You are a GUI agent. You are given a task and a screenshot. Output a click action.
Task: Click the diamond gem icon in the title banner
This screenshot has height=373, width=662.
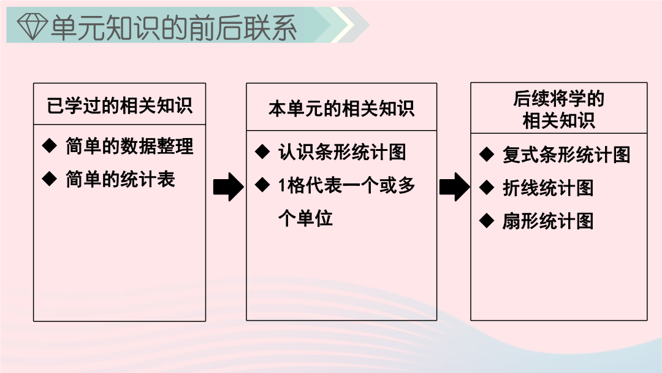[32, 26]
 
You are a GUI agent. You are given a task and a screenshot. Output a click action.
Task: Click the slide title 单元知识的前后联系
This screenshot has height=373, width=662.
[173, 28]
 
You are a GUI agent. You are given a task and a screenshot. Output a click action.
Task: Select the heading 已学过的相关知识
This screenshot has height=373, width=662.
[120, 105]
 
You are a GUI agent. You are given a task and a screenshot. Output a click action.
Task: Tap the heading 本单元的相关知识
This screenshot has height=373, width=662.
[341, 108]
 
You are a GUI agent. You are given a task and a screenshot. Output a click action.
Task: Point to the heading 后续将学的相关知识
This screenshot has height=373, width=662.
[558, 109]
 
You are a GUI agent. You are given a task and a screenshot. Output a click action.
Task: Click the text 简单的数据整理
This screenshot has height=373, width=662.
[129, 146]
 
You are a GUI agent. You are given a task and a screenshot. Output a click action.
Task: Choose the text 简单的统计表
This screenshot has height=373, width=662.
[120, 179]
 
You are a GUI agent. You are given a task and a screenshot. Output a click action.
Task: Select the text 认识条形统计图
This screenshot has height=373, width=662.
[342, 152]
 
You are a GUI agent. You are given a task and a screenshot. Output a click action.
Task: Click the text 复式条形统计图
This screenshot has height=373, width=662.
[566, 155]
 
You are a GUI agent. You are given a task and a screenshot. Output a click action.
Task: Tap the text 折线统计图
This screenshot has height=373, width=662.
[548, 188]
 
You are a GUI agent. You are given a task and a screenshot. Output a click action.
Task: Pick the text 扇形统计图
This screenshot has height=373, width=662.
[548, 220]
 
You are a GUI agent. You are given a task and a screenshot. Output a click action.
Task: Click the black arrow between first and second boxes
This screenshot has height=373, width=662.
[229, 186]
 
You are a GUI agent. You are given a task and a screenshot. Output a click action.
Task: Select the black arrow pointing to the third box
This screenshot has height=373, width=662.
[454, 186]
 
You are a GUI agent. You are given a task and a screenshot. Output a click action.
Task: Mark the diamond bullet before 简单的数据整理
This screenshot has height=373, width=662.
[50, 146]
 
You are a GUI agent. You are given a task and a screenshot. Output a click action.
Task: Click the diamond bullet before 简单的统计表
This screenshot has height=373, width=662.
[50, 179]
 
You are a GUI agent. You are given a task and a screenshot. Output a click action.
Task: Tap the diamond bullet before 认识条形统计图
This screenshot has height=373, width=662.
[262, 152]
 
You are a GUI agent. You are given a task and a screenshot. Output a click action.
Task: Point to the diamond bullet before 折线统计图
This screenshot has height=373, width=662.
[487, 187]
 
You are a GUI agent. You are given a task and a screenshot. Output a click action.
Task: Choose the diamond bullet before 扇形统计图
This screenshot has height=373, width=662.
[487, 220]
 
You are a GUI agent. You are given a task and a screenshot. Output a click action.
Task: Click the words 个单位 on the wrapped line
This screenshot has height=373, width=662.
[305, 218]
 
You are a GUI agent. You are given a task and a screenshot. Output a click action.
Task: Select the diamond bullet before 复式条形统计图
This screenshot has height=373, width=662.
[487, 154]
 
